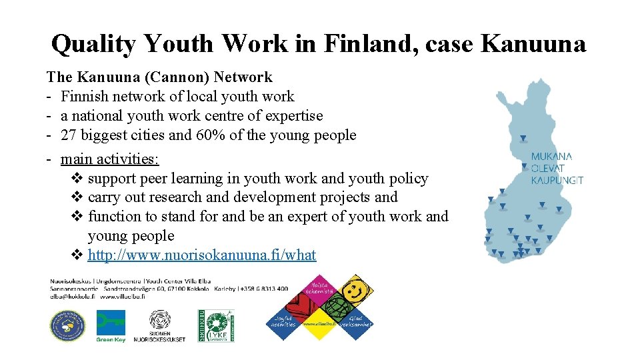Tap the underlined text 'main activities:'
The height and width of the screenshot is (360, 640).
[110, 159]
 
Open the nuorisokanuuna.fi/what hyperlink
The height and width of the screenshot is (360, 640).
[202, 255]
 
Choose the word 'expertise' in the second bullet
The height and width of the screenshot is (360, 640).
[294, 116]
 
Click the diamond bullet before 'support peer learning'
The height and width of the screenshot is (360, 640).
[77, 179]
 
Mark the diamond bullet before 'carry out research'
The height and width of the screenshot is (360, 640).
[77, 197]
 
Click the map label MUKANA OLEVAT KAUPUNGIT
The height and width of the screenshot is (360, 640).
[557, 168]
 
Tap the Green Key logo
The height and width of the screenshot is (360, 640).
[111, 326]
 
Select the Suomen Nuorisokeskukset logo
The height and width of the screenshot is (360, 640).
[159, 326]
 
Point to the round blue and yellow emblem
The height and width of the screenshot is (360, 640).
[67, 326]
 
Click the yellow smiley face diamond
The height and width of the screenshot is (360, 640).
[355, 291]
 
